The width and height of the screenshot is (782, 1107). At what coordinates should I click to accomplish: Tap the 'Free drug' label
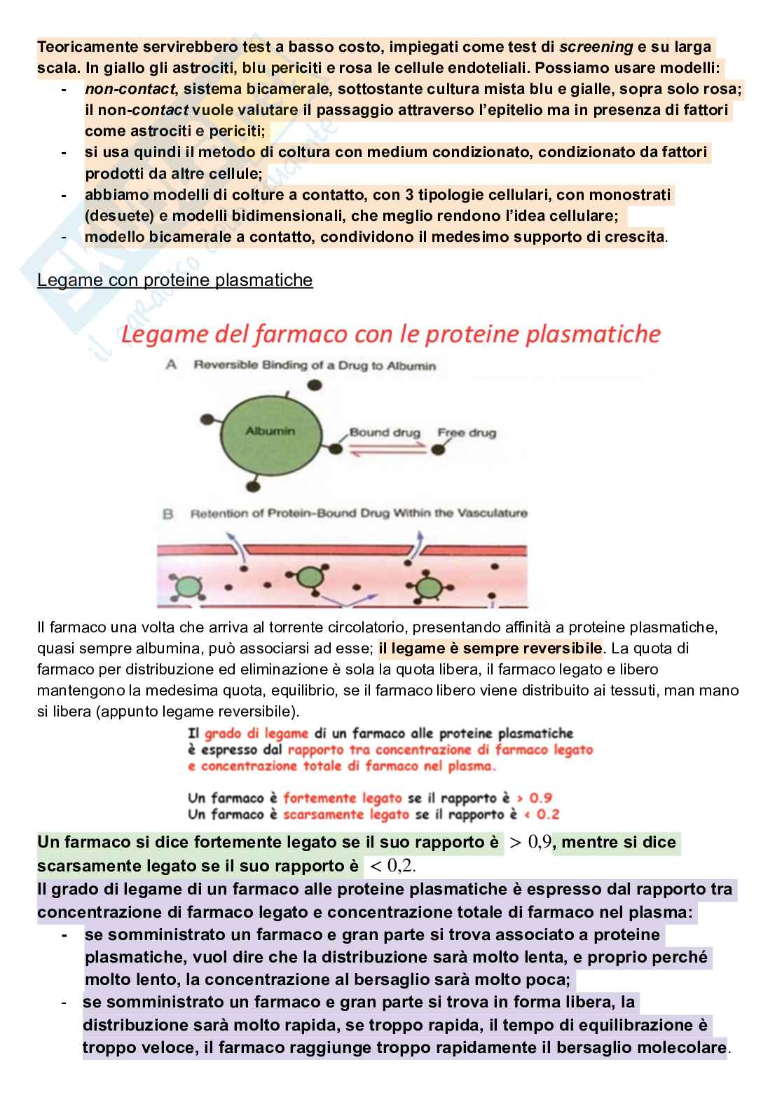[466, 433]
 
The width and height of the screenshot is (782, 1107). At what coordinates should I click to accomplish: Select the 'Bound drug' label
[384, 433]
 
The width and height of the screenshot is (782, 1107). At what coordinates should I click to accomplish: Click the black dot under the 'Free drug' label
[439, 449]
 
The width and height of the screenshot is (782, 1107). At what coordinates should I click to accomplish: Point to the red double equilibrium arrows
[385, 451]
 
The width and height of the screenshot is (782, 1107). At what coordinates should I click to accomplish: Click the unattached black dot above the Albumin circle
[315, 385]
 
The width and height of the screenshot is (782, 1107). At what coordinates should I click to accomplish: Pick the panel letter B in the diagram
[168, 514]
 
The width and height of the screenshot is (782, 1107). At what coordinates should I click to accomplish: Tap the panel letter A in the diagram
[170, 365]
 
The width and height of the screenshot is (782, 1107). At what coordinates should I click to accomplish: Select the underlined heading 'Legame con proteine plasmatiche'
[174, 280]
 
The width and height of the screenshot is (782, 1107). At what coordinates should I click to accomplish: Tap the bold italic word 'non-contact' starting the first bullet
[130, 89]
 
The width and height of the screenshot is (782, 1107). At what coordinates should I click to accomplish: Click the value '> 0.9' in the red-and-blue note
[534, 798]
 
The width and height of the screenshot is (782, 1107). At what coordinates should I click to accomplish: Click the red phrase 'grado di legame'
[256, 733]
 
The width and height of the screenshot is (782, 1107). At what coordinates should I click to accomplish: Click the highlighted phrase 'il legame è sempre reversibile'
[490, 648]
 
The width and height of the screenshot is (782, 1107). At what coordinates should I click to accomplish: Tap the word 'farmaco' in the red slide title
[301, 334]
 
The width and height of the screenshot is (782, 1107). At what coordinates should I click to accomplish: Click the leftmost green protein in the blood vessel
[186, 585]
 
